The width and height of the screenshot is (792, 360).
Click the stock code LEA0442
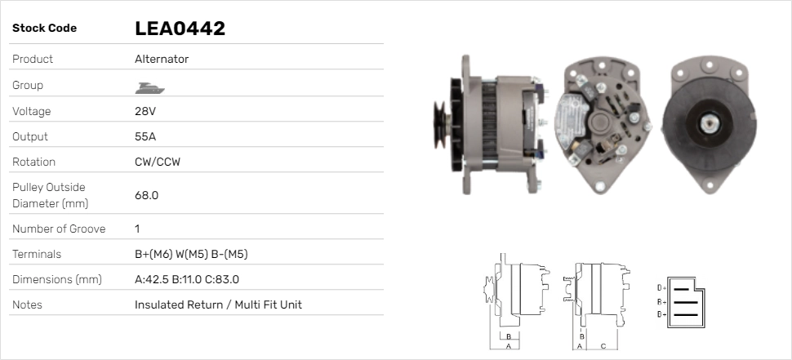pos(180,29)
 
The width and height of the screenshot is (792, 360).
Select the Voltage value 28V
pos(145,111)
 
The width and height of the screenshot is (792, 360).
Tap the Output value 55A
pos(145,136)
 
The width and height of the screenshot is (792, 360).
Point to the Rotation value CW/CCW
pos(157,162)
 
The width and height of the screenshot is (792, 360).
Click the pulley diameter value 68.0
pos(146,195)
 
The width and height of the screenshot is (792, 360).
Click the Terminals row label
pos(37,254)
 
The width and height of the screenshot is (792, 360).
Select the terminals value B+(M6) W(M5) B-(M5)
pos(191,254)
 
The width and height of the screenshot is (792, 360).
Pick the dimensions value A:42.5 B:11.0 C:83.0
pos(187,279)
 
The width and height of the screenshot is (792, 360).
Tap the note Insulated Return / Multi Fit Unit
pos(218,304)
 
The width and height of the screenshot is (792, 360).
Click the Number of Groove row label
pos(59,229)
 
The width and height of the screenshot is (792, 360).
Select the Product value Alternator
pos(162,59)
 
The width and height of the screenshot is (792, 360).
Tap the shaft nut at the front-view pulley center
pos(707,124)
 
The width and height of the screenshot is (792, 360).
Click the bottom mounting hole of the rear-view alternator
pos(600,186)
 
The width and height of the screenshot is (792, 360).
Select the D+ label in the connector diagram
pos(662,288)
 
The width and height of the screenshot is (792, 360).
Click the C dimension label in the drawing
pos(603,345)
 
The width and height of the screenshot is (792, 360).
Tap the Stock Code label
pos(44,29)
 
